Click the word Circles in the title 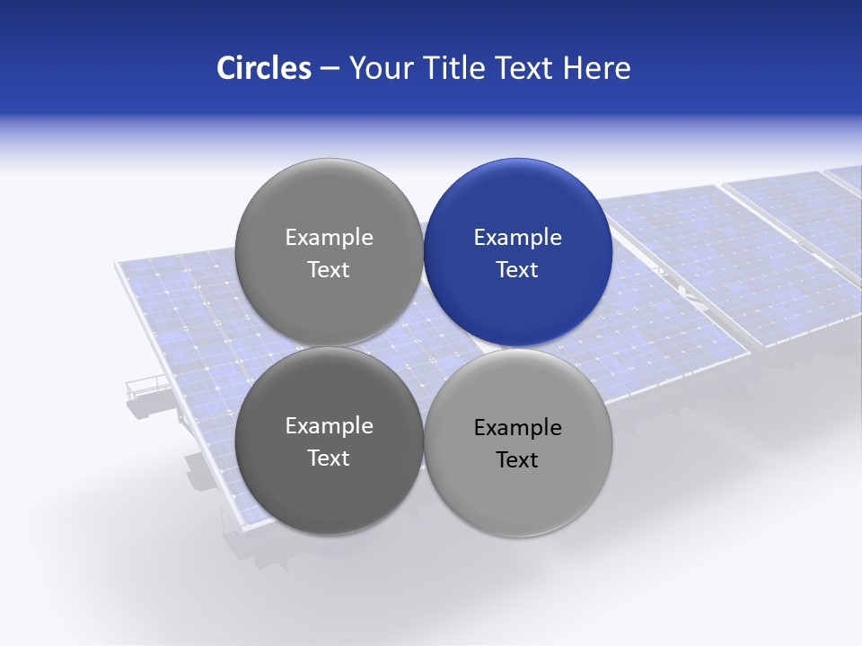[x=263, y=68]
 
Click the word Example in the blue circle [x=518, y=238]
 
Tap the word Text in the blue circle [x=518, y=270]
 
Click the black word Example [x=518, y=428]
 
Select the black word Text [x=518, y=460]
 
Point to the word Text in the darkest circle [x=329, y=458]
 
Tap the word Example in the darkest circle [x=329, y=426]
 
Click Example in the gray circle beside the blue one [x=329, y=238]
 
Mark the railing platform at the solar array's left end [x=146, y=388]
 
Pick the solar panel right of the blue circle [x=691, y=269]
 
